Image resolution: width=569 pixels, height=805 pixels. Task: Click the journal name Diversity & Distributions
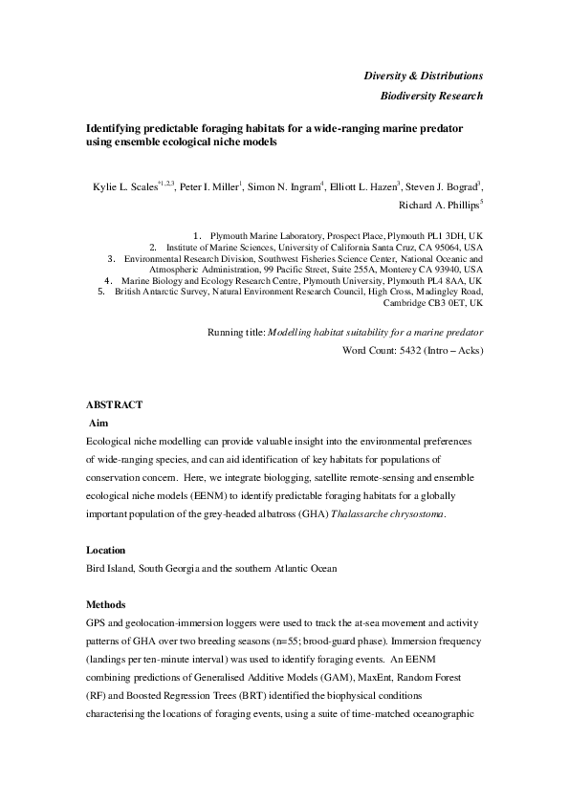423,76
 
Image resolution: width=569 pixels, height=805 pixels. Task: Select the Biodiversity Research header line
431,96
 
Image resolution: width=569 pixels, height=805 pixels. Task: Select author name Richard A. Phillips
439,205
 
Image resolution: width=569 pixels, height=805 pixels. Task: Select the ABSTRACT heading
114,405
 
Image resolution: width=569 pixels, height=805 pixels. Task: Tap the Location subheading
106,551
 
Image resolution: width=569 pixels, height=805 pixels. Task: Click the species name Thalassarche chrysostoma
386,514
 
